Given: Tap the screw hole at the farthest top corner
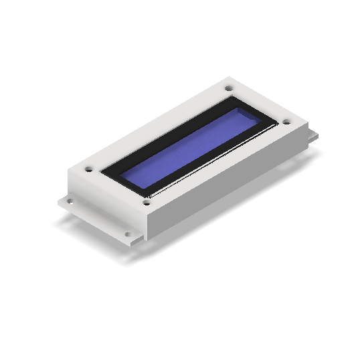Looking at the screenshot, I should click(x=228, y=88).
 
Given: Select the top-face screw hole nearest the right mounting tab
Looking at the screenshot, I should click(x=286, y=122).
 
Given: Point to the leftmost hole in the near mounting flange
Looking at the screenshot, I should click(x=67, y=199).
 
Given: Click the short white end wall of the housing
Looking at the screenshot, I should click(x=107, y=201).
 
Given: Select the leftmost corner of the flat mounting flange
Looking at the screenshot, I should click(x=57, y=201).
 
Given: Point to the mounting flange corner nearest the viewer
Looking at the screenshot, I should click(x=134, y=245).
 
